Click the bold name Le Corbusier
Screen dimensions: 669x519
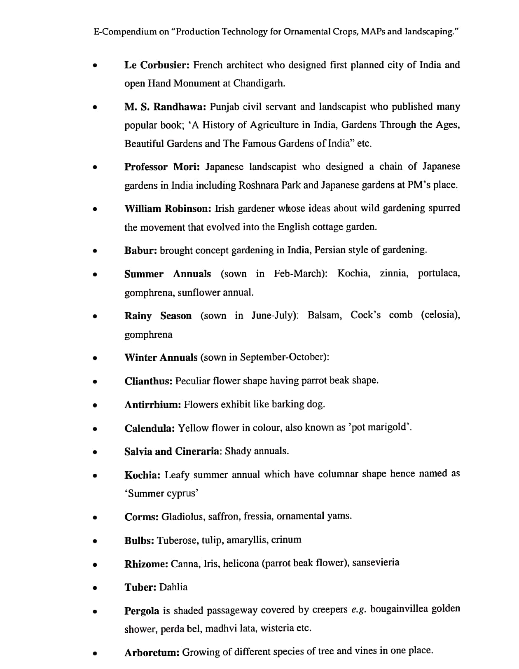tap(157, 65)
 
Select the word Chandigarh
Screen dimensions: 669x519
tap(259, 83)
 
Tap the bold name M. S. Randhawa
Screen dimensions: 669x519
tap(165, 107)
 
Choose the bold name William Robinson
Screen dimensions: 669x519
tap(168, 208)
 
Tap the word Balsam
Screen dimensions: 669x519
tap(325, 315)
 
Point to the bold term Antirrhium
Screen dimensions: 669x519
tap(153, 405)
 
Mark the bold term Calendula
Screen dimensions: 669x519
tap(150, 428)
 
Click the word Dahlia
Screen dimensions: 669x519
tap(173, 587)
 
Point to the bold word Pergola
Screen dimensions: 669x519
tap(142, 611)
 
